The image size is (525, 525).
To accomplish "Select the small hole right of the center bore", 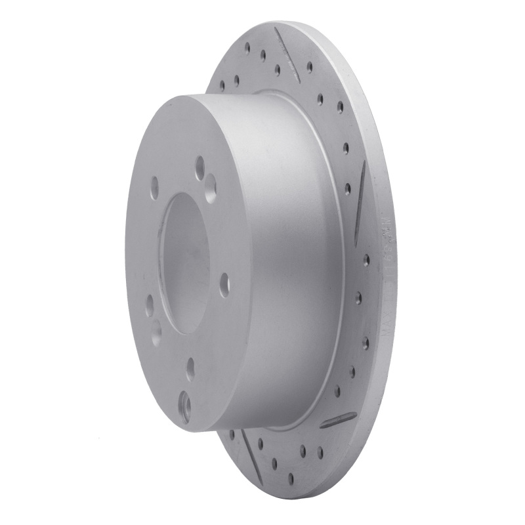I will click(224, 283).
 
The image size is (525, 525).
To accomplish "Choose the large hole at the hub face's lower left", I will click(156, 331).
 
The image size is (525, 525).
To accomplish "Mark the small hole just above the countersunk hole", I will click(190, 369).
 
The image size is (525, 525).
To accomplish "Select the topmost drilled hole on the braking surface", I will click(247, 47).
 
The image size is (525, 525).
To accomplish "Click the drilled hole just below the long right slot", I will click(366, 259).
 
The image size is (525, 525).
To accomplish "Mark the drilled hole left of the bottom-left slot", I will click(230, 433).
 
